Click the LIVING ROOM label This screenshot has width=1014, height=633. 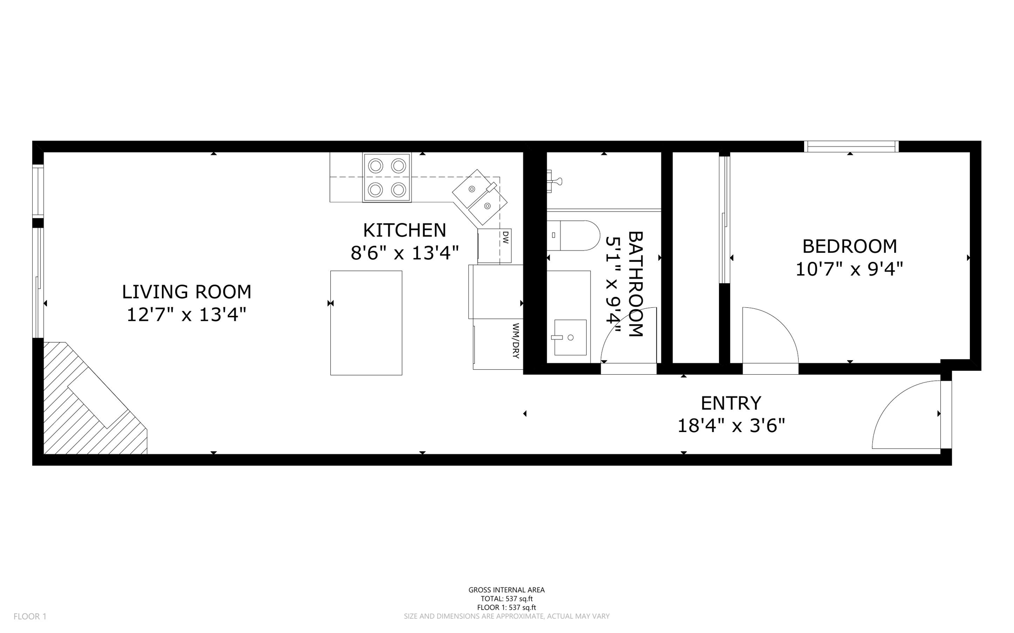click(x=186, y=292)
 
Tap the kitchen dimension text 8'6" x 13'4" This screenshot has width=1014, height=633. click(x=405, y=253)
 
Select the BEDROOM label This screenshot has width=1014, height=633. click(x=849, y=246)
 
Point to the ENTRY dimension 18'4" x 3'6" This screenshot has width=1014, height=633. click(x=731, y=425)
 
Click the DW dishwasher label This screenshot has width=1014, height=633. click(x=505, y=238)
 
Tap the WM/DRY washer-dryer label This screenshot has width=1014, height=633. click(x=515, y=341)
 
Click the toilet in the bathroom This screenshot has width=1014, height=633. click(x=574, y=236)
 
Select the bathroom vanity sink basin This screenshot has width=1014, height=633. click(x=570, y=338)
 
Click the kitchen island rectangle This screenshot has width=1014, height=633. click(x=366, y=323)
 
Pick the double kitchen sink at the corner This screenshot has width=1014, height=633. click(x=479, y=196)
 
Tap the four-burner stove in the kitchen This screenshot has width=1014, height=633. click(x=387, y=178)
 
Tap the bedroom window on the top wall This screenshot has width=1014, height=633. click(x=851, y=146)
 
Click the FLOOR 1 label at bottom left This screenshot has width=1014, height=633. click(x=30, y=616)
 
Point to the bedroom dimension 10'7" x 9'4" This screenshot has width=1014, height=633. click(x=849, y=269)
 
